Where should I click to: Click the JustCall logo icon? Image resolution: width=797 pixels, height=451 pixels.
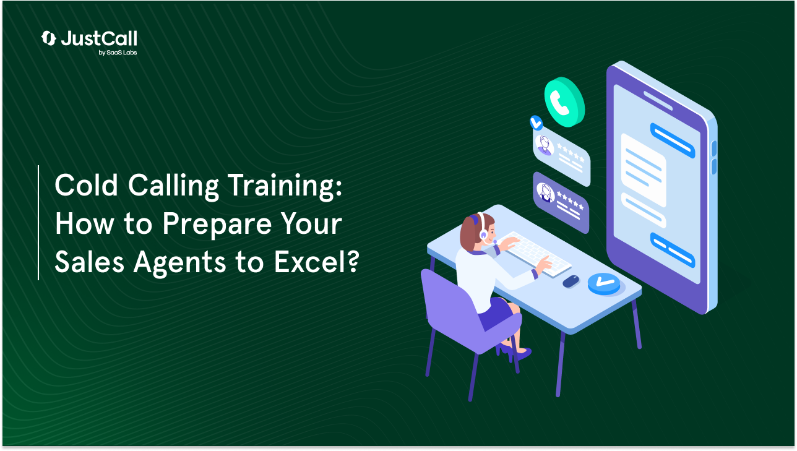48,38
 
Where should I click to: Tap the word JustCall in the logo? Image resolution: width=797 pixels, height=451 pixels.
99,39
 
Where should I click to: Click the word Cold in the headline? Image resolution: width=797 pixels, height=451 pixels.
83,186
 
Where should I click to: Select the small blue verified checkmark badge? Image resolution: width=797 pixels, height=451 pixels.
536,122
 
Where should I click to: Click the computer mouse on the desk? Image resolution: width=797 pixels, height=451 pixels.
571,281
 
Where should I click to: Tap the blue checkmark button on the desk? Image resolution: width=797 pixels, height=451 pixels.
603,283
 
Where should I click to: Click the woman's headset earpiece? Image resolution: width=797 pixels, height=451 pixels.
483,234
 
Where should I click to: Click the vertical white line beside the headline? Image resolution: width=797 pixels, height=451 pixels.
38,223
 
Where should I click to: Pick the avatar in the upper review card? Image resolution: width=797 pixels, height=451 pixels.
545,145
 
